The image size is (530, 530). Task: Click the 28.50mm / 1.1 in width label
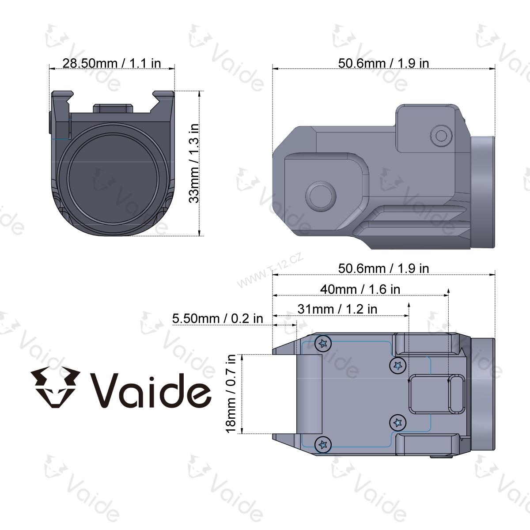point(111,63)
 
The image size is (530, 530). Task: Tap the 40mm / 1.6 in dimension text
point(360,289)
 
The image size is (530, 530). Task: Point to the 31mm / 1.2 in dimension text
point(337,309)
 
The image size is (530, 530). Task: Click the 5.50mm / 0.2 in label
point(217,318)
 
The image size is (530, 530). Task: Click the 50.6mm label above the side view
point(383,63)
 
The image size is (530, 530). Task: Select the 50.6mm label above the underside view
point(383,268)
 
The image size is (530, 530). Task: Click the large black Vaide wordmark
point(150,389)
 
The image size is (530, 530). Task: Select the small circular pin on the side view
point(441,135)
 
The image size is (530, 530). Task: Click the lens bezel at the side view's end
point(482,192)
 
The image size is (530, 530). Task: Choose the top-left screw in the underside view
point(323,343)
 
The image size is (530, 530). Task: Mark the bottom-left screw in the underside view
point(323,444)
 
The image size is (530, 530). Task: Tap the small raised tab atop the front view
point(113,108)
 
